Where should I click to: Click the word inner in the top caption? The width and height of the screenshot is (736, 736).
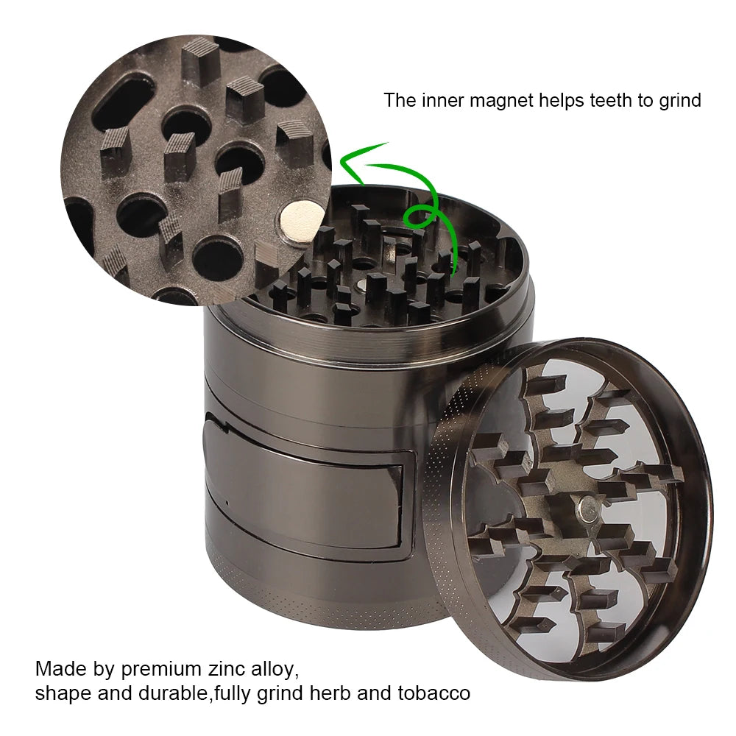439,100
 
